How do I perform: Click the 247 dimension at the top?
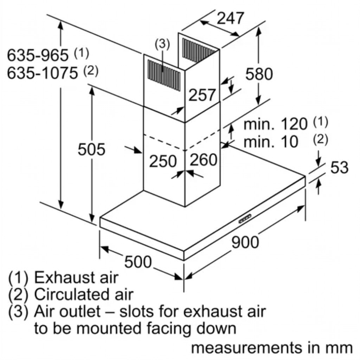230,19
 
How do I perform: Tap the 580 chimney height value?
259,74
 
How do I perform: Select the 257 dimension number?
202,95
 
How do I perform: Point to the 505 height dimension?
91,150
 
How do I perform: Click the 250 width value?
162,161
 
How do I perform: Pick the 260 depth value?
204,160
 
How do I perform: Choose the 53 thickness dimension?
339,168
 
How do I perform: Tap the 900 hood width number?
245,242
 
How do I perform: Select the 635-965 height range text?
38,55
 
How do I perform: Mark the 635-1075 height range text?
42,73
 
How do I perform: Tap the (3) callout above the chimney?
162,44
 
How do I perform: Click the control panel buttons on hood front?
245,218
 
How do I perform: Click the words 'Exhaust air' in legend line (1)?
76,278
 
